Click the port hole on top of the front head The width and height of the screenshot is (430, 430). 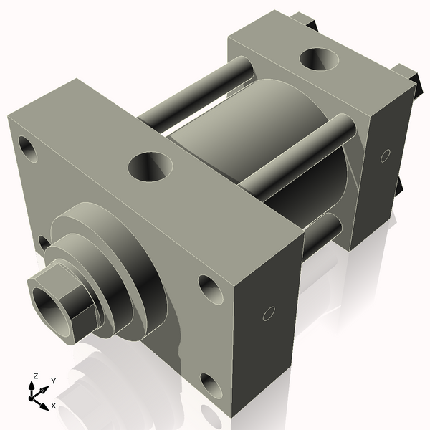(150, 167)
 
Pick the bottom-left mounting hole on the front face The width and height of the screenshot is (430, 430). (44, 244)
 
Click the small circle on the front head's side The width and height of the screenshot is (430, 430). (269, 313)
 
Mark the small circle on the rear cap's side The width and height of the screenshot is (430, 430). (385, 155)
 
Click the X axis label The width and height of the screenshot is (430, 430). (53, 406)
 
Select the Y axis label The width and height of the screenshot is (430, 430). (53, 380)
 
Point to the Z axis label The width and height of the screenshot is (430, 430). (35, 376)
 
